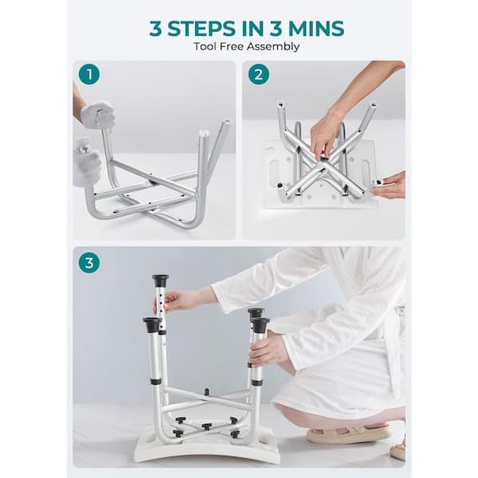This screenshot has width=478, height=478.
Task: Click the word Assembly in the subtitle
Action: pyautogui.click(x=272, y=47)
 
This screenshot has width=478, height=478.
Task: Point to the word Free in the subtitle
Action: pyautogui.click(x=231, y=47)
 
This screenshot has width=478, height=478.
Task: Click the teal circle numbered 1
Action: pyautogui.click(x=89, y=74)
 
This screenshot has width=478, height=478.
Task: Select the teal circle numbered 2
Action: pyautogui.click(x=258, y=74)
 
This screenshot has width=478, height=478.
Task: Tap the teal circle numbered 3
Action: pyautogui.click(x=89, y=262)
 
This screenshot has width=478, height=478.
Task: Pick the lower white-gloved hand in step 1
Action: pyautogui.click(x=87, y=167)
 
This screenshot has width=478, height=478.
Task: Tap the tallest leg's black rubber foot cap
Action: pyautogui.click(x=160, y=280)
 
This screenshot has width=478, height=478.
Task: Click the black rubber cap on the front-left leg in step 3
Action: pyautogui.click(x=151, y=325)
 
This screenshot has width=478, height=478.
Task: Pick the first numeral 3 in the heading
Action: pyautogui.click(x=156, y=29)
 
